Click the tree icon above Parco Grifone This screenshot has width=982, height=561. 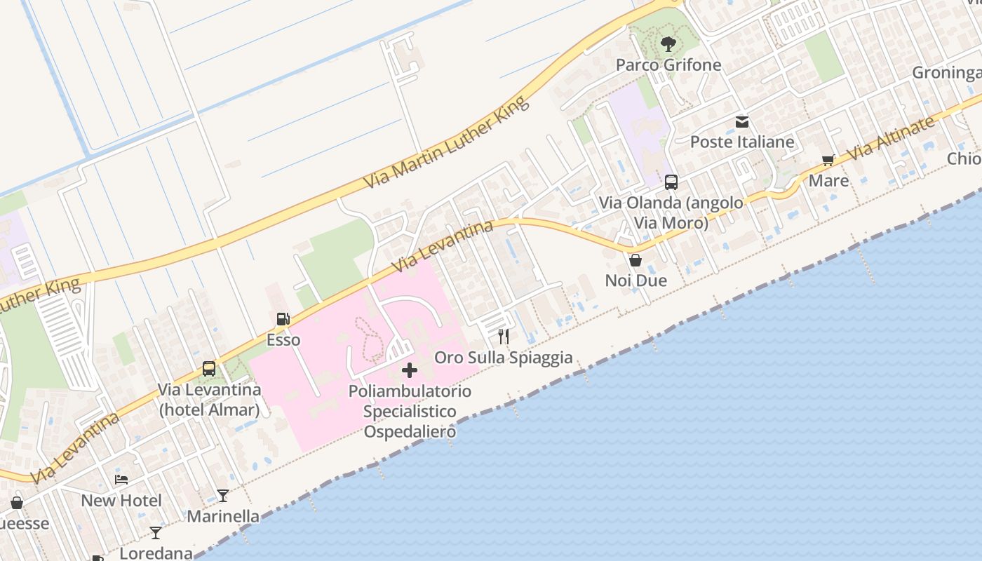tap(668, 44)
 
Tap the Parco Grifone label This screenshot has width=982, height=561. tap(668, 65)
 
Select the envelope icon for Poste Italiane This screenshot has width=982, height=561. tap(742, 123)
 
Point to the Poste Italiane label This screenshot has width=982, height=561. tap(742, 142)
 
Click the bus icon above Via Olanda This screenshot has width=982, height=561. tap(671, 182)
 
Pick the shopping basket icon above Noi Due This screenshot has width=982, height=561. tap(635, 260)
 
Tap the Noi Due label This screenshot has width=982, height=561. tap(635, 280)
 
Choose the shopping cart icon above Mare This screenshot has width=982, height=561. tap(828, 161)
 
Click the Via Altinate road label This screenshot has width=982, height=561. tap(891, 137)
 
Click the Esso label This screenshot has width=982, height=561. tap(283, 340)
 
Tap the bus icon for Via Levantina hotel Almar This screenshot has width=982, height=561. tap(209, 369)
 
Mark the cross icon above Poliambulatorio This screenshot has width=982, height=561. tap(410, 370)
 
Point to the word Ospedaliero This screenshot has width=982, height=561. tap(410, 431)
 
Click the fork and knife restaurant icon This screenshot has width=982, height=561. tap(503, 337)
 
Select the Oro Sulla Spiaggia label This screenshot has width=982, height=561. tap(503, 358)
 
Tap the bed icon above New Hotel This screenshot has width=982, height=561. tap(121, 480)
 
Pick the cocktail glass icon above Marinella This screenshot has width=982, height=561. tap(223, 496)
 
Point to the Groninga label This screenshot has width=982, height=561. tap(946, 73)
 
